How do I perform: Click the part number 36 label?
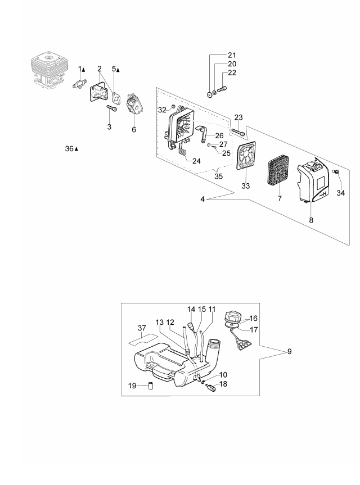[69, 149]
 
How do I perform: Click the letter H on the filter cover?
[325, 194]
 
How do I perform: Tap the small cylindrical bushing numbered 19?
[151, 386]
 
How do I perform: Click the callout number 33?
[245, 186]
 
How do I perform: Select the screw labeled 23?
[238, 132]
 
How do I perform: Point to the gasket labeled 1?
[78, 84]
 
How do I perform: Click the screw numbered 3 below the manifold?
[112, 108]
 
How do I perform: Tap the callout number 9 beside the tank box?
[290, 352]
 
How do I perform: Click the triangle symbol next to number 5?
[118, 70]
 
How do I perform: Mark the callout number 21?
[232, 55]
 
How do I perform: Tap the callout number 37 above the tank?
[142, 328]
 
